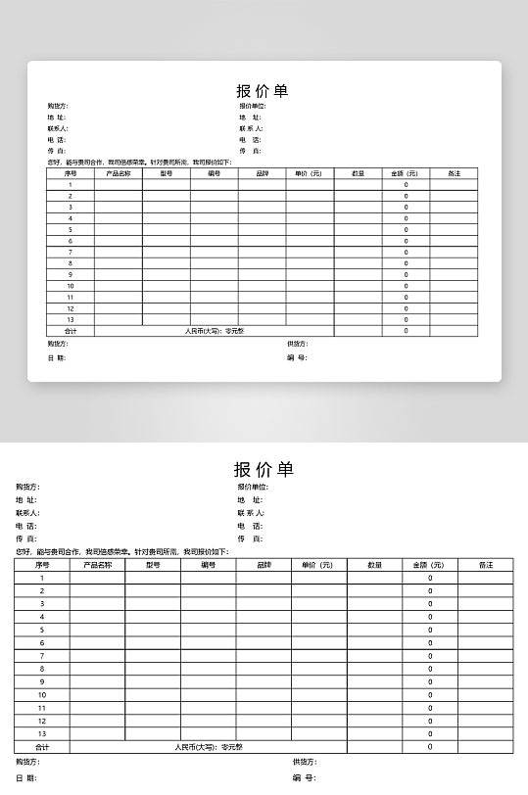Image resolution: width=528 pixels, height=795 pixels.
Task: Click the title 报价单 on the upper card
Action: (x=263, y=91)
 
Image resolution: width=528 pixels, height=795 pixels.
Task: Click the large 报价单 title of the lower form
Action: (x=264, y=469)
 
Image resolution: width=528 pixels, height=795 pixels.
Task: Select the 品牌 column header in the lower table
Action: (x=264, y=565)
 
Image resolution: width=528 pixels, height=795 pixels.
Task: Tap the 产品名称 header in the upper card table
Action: (x=119, y=173)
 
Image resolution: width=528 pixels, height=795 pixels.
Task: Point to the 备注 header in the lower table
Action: (x=486, y=565)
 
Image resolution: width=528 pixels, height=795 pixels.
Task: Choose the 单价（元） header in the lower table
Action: (x=318, y=565)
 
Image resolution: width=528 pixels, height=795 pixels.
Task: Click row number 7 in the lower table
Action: (x=42, y=655)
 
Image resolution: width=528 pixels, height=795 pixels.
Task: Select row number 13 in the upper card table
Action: (x=71, y=319)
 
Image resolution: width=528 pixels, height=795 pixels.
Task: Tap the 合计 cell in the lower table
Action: (x=42, y=746)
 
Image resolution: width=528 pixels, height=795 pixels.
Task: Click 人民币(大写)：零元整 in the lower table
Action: (x=209, y=746)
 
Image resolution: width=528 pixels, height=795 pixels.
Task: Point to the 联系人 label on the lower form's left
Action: (x=27, y=512)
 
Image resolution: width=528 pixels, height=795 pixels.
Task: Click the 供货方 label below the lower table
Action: (x=305, y=762)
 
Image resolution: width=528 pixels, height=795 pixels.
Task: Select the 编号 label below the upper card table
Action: (x=297, y=357)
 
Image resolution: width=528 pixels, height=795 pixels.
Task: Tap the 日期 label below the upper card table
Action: (x=56, y=357)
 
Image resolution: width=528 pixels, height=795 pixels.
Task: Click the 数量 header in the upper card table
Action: (x=358, y=173)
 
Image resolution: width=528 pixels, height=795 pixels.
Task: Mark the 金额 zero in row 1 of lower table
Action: (x=430, y=578)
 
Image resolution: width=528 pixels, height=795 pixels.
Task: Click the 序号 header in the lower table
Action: (x=42, y=565)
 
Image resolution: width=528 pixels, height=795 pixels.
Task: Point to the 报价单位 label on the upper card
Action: (x=253, y=106)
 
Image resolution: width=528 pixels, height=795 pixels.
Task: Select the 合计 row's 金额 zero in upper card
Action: (x=406, y=331)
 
